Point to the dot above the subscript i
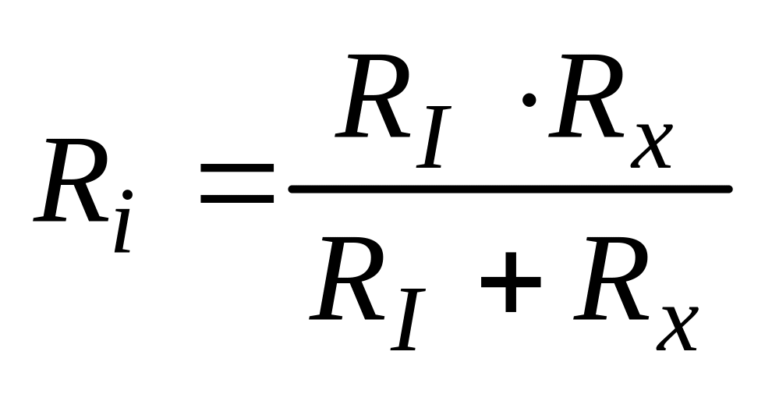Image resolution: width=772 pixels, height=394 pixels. (128, 193)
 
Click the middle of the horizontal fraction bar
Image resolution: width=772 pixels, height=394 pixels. (510, 189)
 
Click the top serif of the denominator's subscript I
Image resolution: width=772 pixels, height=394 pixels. (416, 291)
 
